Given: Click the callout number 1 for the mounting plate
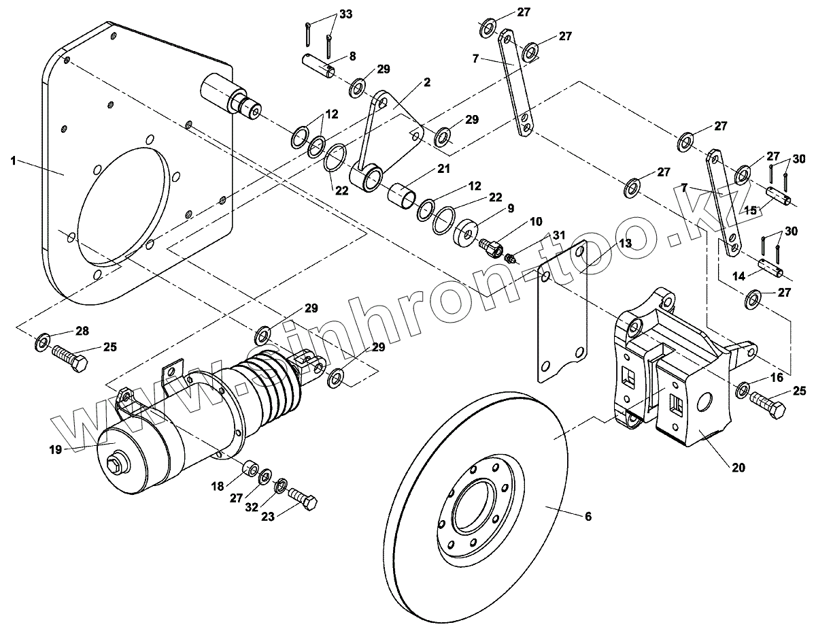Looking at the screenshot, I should coord(12,161).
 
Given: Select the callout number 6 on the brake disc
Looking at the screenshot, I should coord(588,517).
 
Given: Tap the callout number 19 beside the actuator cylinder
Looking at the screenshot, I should coord(55,449).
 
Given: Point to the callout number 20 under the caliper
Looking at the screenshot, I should coord(738,468).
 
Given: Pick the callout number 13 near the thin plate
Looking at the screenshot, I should coord(625,243).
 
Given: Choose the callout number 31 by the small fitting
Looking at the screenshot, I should coord(558,235).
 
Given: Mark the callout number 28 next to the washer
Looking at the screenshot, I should coord(82,331).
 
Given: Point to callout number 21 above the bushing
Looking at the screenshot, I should coord(444,168).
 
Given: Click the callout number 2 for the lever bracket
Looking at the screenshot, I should coord(426,82).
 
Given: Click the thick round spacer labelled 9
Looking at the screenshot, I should coord(466,231).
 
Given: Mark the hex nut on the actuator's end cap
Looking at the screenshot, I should coord(116,467).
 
